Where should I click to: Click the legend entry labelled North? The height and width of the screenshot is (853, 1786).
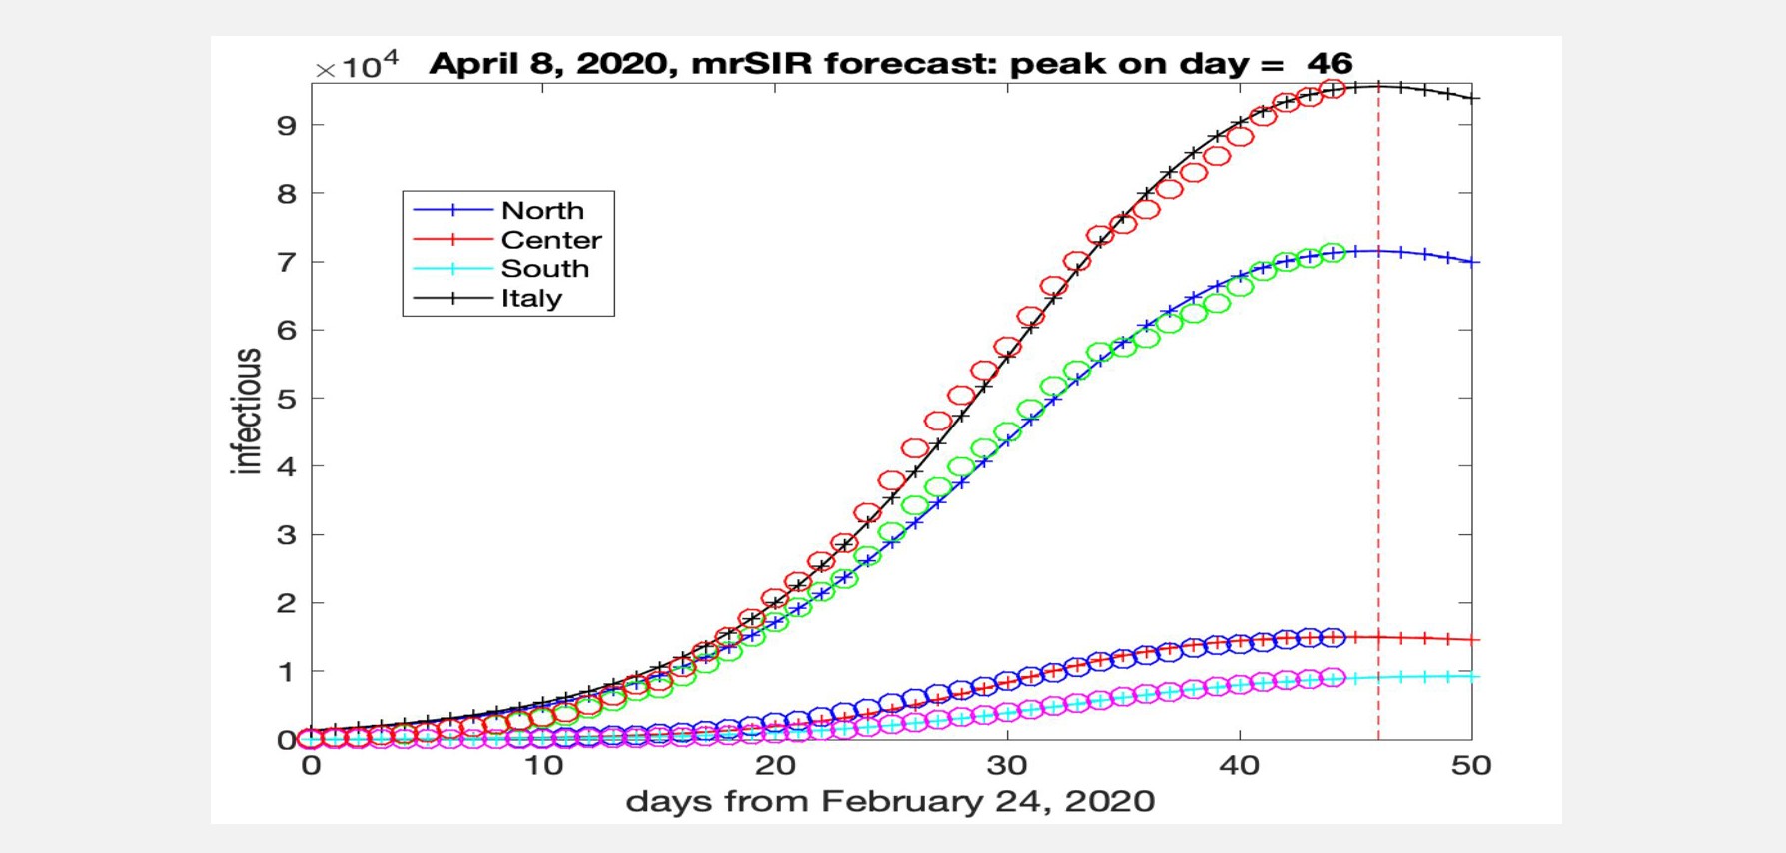click(542, 210)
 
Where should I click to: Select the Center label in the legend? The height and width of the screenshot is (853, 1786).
click(551, 240)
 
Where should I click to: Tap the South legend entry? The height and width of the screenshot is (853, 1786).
click(545, 269)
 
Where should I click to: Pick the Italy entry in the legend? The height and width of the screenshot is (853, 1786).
click(531, 298)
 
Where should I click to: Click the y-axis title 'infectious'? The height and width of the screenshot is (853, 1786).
click(247, 411)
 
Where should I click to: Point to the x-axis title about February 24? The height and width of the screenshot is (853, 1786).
click(890, 801)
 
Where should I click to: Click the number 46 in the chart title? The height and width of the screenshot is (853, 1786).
click(1330, 63)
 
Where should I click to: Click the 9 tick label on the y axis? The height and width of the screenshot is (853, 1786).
click(288, 125)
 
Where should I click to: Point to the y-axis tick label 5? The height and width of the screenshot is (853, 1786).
click(288, 399)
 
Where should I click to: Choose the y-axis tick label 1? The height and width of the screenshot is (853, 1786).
click(288, 672)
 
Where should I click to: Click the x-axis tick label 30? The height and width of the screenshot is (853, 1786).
click(1007, 766)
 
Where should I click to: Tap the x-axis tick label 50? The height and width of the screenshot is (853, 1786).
click(1471, 766)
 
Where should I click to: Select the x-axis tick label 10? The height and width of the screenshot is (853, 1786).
click(543, 766)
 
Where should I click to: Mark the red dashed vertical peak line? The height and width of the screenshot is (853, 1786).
click(1379, 413)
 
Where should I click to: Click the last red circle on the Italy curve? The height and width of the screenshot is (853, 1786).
click(1333, 90)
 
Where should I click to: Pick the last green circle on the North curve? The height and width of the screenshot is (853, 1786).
click(1333, 253)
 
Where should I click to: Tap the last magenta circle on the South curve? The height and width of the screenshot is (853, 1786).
click(1333, 678)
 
